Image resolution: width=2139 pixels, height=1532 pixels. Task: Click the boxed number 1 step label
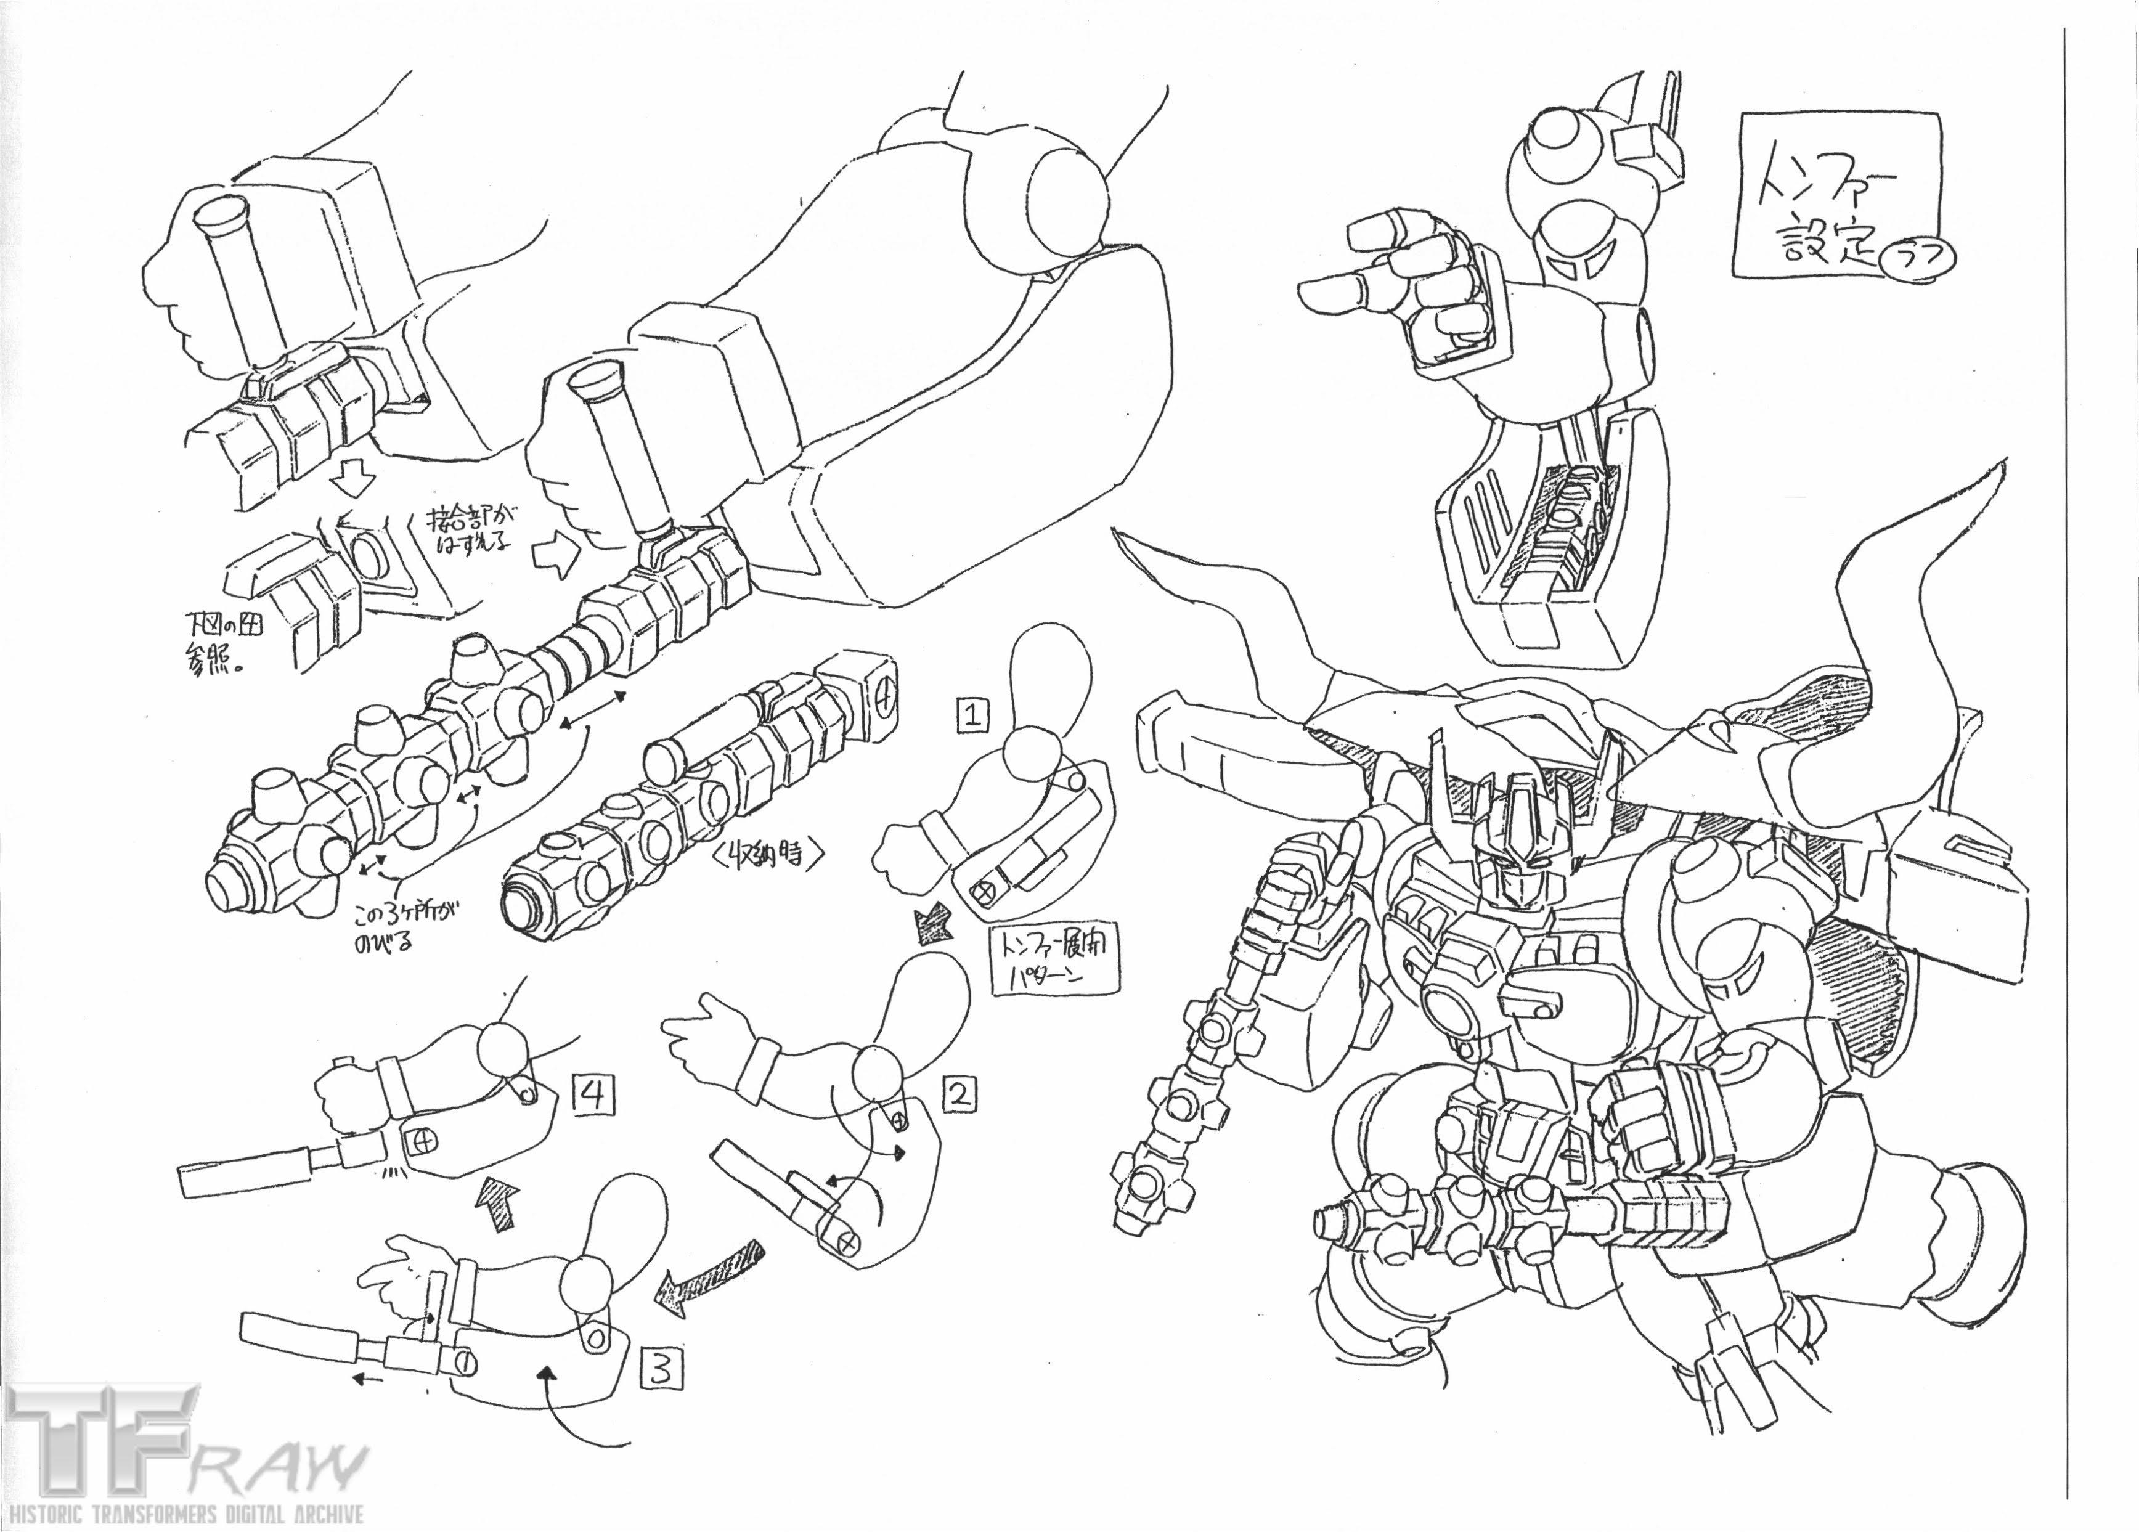point(972,715)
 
